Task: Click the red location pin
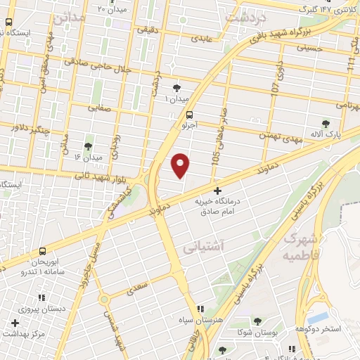[x=181, y=166]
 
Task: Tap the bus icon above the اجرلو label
[x=190, y=115]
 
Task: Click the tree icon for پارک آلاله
[x=325, y=124]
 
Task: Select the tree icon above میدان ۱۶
[x=89, y=147]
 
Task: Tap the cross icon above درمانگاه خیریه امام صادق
[x=217, y=191]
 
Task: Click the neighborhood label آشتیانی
[x=202, y=247]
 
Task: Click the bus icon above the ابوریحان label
[x=43, y=251]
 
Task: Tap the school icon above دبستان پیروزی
[x=41, y=298]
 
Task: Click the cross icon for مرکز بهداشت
[x=15, y=322]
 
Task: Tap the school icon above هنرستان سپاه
[x=201, y=309]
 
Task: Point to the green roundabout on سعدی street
[x=104, y=299]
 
